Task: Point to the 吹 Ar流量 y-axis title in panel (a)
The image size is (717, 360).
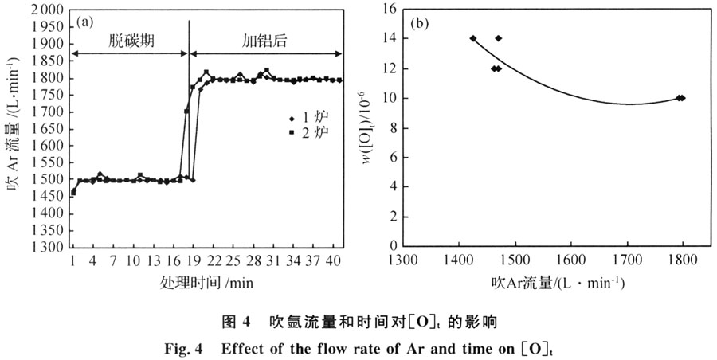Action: [10, 127]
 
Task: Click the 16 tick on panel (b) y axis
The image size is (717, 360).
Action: [388, 10]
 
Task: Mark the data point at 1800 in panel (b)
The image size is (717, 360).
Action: [681, 98]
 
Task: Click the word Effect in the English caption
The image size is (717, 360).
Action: [253, 349]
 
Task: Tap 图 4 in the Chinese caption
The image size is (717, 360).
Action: [236, 323]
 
